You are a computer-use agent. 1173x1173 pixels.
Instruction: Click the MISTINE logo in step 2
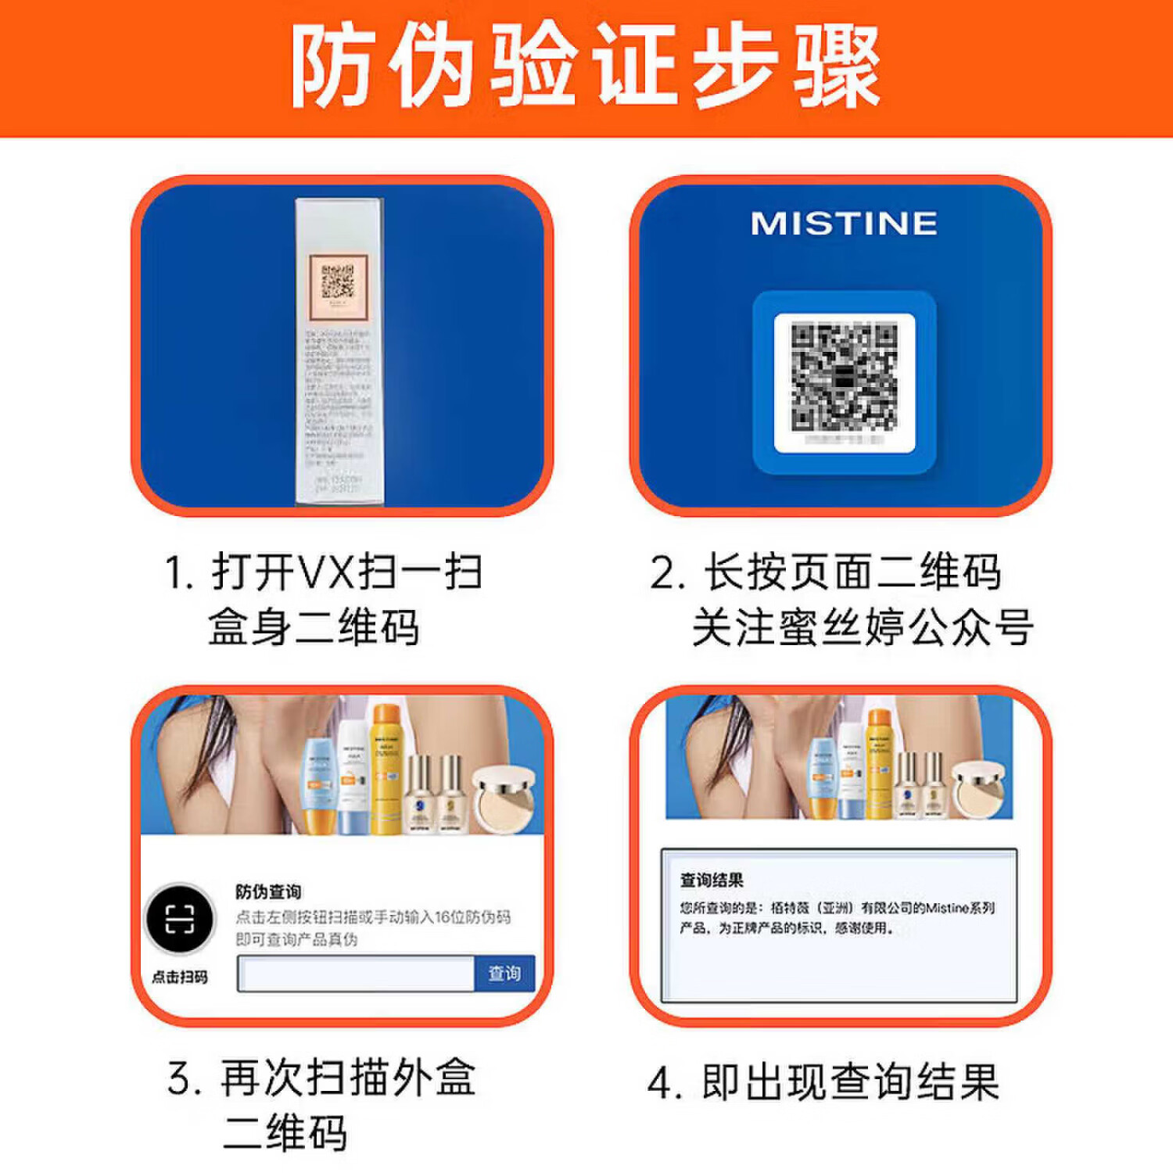click(844, 224)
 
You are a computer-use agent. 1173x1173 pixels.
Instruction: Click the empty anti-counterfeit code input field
click(357, 974)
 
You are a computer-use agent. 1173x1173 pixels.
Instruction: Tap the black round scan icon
click(180, 919)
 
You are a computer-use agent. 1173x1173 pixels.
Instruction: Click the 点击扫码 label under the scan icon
click(180, 977)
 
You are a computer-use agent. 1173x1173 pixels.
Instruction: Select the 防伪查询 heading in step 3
click(268, 891)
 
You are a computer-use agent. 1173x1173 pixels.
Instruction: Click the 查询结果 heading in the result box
click(712, 881)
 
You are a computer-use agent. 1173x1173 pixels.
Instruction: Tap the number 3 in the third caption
click(179, 1079)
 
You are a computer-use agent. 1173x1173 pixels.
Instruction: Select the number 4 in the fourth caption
click(661, 1084)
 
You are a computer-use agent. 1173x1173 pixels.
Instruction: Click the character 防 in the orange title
click(332, 66)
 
